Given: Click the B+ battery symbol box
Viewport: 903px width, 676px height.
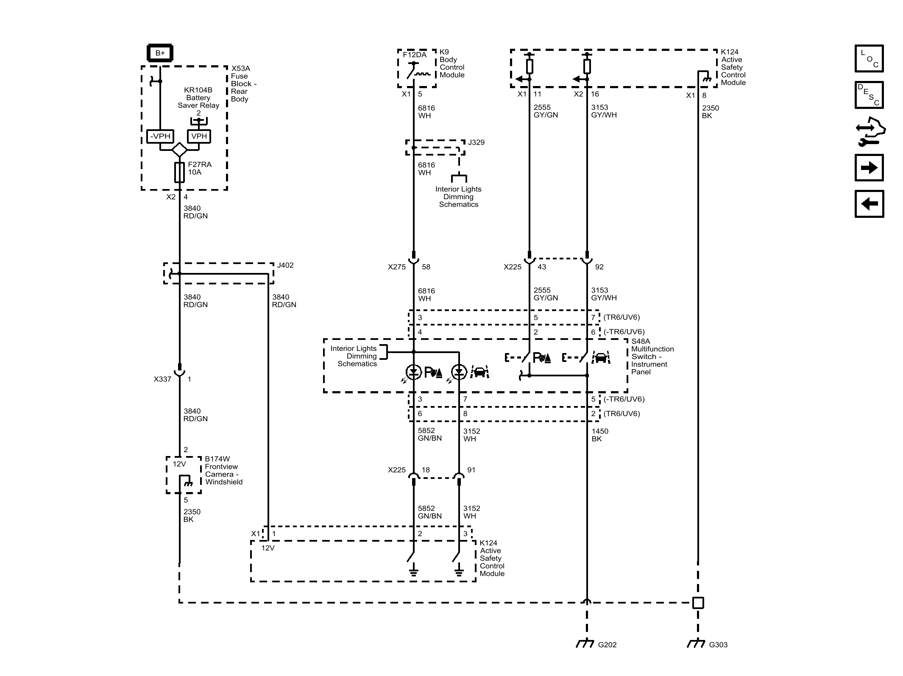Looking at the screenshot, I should point(160,53).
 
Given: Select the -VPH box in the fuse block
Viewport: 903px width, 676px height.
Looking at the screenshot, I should point(160,136).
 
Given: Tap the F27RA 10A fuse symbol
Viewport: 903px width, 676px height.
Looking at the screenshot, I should point(179,172).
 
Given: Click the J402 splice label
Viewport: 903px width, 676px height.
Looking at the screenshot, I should point(285,265).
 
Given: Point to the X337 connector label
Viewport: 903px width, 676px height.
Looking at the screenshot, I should point(162,379).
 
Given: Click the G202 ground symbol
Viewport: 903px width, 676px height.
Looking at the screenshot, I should point(585,643).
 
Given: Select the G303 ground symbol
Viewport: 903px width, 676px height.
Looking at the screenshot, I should point(696,643).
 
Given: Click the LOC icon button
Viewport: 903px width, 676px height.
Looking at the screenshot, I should point(869,58).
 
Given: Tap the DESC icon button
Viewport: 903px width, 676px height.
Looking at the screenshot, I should point(869,95).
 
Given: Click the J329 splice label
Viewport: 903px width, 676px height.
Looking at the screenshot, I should point(476,142).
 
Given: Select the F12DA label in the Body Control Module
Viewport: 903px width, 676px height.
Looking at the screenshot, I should point(415,55).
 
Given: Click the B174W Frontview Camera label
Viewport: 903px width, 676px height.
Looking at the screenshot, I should point(223,470).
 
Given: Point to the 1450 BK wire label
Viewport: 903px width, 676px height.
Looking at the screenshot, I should point(599,435).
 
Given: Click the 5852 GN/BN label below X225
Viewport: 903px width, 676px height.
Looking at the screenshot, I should point(429,512).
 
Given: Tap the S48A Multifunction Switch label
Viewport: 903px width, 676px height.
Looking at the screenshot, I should point(652,356).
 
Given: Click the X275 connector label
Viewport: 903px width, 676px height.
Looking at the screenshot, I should point(396,267).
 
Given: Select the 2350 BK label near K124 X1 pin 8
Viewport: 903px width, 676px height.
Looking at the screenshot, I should point(710,112).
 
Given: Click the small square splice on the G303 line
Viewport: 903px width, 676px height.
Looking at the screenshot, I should point(698,603).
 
